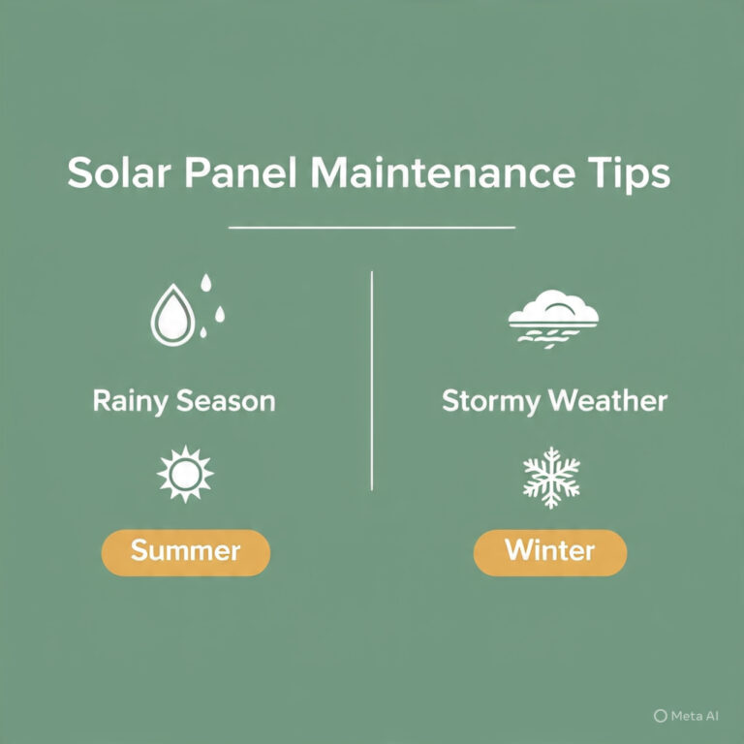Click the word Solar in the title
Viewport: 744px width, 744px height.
pyautogui.click(x=118, y=171)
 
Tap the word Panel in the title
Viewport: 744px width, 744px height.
pyautogui.click(x=240, y=171)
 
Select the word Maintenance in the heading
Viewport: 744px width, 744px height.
pyautogui.click(x=443, y=171)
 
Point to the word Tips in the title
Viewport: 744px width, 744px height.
pyautogui.click(x=629, y=173)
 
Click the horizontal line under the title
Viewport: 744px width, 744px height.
pyautogui.click(x=372, y=228)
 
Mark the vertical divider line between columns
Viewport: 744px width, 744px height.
pyautogui.click(x=372, y=381)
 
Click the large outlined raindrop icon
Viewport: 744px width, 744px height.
pyautogui.click(x=172, y=315)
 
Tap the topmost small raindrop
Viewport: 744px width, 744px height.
pyautogui.click(x=205, y=282)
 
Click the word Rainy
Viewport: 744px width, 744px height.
pyautogui.click(x=130, y=401)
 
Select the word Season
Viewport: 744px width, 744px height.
pyautogui.click(x=226, y=401)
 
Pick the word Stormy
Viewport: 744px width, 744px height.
pyautogui.click(x=490, y=402)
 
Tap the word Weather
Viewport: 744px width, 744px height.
pyautogui.click(x=607, y=401)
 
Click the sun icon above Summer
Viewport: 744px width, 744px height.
pyautogui.click(x=185, y=474)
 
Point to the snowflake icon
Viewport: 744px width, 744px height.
pyautogui.click(x=551, y=478)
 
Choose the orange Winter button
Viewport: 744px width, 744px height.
pyautogui.click(x=550, y=553)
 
